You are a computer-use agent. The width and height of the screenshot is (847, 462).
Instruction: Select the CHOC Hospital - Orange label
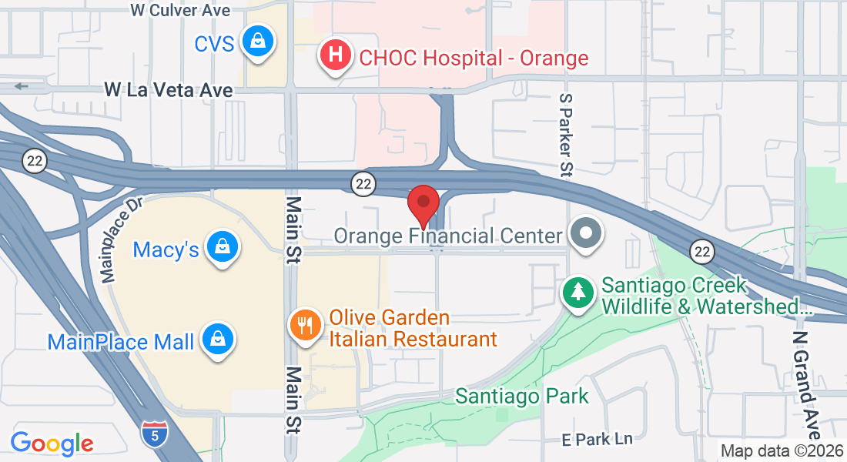pyautogui.click(x=474, y=58)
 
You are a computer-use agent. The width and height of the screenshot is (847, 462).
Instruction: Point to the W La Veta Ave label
pyautogui.click(x=169, y=90)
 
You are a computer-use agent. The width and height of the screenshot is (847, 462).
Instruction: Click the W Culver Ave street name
pyautogui.click(x=180, y=10)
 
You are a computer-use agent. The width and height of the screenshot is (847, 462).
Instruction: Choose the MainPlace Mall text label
pyautogui.click(x=121, y=341)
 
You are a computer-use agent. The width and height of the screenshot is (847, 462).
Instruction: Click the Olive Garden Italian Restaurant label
pyautogui.click(x=413, y=329)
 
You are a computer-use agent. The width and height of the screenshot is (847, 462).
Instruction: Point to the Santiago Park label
pyautogui.click(x=521, y=397)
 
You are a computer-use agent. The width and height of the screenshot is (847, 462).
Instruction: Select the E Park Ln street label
pyautogui.click(x=597, y=439)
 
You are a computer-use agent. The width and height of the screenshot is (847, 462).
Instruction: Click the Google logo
pyautogui.click(x=52, y=444)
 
